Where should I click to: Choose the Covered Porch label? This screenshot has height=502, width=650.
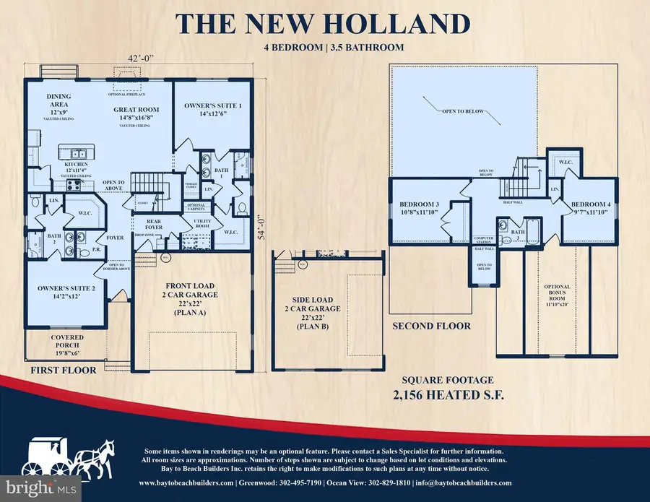click(66, 342)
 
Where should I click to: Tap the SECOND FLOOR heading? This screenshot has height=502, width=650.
click(431, 326)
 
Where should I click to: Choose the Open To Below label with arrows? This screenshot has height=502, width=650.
click(464, 111)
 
